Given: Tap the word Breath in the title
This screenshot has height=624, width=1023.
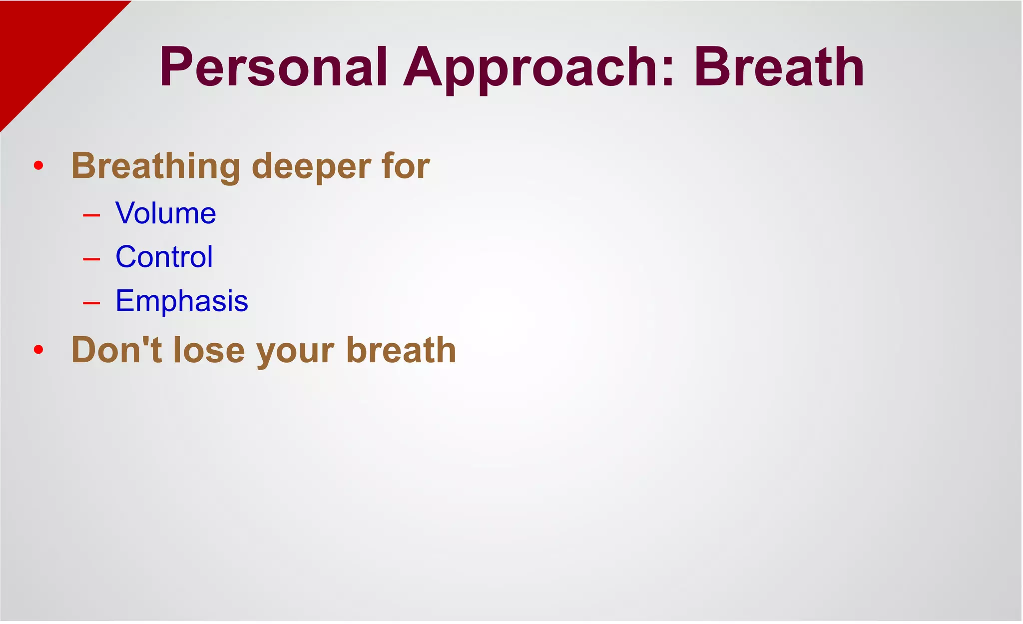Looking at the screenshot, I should (x=779, y=67).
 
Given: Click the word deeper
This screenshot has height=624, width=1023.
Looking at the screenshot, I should (x=311, y=166).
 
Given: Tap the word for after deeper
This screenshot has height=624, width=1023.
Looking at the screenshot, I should (x=406, y=166).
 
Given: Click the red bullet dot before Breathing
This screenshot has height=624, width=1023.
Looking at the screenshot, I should (x=38, y=166).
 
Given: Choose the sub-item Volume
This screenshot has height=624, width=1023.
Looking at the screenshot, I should (x=165, y=213).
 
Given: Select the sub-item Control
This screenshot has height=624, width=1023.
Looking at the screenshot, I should (x=164, y=257).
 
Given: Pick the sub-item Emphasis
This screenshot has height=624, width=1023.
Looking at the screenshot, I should (x=181, y=301).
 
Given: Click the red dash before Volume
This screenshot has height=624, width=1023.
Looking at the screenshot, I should (x=91, y=215).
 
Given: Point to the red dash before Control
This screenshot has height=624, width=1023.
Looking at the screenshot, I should (x=91, y=259).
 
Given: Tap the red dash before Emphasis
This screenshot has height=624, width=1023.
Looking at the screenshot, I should (x=91, y=303).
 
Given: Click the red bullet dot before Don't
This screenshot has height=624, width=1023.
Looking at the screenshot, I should (x=38, y=350).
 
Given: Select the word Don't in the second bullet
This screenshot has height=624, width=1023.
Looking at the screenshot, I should (x=117, y=350).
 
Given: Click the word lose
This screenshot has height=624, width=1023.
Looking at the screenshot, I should (x=209, y=350).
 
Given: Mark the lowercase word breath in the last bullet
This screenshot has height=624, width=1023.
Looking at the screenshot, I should (x=401, y=350).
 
